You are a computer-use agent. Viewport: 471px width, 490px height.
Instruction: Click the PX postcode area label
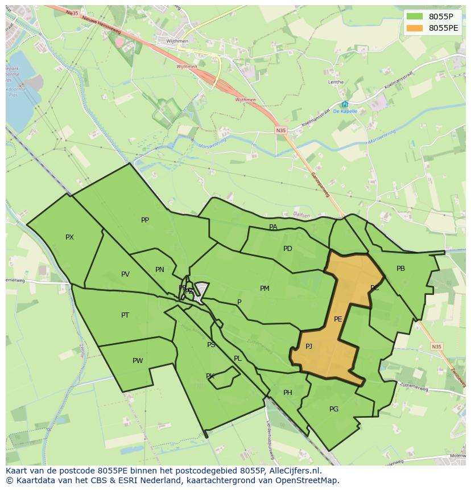[69, 237]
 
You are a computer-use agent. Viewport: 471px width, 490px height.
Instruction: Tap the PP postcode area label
[145, 220]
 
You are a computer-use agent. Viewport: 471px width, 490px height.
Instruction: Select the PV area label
[125, 274]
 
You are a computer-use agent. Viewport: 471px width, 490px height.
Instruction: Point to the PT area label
[125, 315]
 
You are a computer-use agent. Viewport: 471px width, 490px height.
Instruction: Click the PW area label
[138, 361]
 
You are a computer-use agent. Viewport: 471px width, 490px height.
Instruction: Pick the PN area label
[160, 270]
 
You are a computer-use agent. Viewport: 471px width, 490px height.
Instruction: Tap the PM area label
[265, 289]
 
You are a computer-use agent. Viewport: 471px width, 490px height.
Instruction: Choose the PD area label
[288, 249]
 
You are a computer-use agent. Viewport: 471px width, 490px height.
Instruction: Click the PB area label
[400, 269]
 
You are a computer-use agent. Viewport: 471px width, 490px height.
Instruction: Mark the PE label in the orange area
[338, 319]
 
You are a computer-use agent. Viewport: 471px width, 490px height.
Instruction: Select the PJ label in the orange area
[309, 347]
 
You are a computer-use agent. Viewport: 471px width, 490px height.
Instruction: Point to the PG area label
[334, 409]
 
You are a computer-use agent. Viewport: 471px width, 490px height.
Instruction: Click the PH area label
[288, 393]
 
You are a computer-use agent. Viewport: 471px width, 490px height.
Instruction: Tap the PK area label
[210, 376]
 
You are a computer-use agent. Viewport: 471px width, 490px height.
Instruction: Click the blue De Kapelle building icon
[345, 104]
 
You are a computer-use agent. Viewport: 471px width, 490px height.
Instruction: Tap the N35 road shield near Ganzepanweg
[281, 130]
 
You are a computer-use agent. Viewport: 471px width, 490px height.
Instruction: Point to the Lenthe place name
[336, 82]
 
